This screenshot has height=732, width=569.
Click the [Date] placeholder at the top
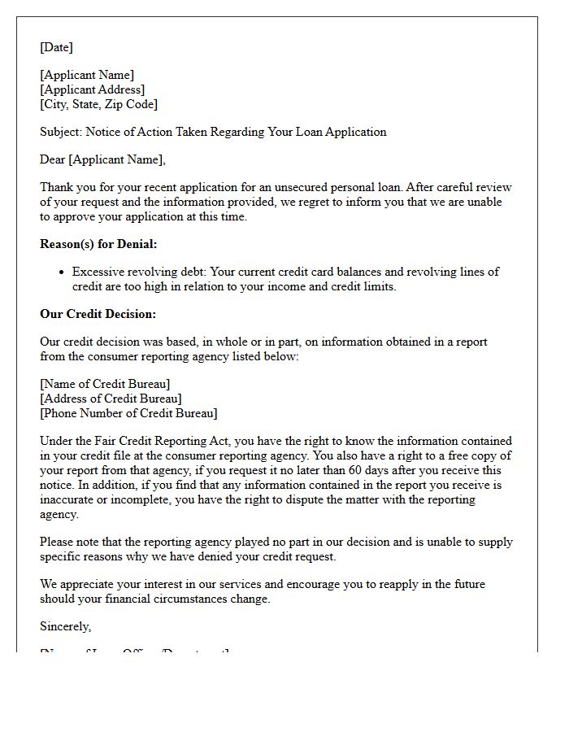click(56, 47)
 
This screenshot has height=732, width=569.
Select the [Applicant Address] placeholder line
click(93, 89)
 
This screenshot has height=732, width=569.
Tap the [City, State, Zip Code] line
click(98, 104)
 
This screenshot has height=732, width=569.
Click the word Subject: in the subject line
click(61, 132)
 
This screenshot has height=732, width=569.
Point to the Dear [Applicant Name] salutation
click(102, 159)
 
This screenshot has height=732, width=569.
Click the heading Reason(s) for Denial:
click(98, 244)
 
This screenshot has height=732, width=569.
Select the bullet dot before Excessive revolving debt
click(63, 272)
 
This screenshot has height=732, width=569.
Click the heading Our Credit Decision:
click(98, 314)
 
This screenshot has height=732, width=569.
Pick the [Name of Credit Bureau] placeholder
click(105, 384)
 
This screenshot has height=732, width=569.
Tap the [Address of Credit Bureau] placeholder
click(111, 399)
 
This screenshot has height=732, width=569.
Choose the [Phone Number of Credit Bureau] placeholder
click(128, 413)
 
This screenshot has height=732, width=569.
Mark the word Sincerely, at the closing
click(66, 626)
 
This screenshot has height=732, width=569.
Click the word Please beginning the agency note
click(58, 542)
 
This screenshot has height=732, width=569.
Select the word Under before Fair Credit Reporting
click(57, 441)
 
